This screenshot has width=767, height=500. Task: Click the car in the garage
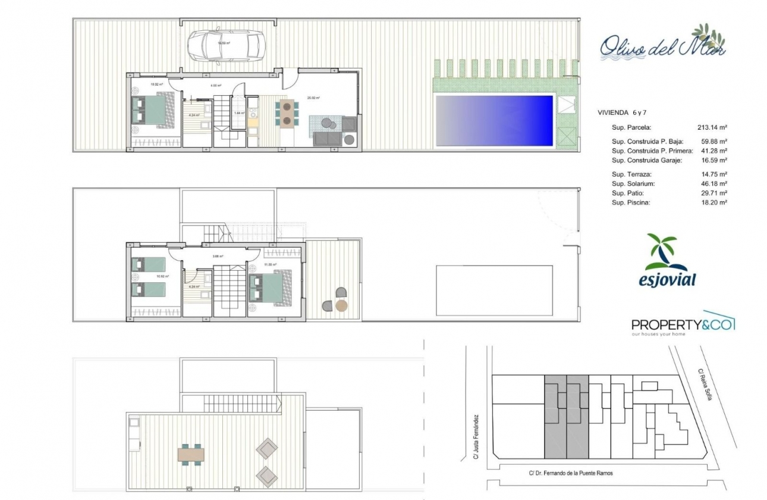225,45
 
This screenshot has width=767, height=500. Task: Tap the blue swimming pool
495,120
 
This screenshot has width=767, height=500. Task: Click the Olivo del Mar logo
661,45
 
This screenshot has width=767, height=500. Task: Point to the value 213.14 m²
712,127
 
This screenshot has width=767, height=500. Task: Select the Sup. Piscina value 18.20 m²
714,203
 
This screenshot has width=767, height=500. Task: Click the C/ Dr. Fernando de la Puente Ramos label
570,474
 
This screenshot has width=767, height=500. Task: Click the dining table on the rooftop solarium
191,455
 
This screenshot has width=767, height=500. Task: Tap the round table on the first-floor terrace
341,306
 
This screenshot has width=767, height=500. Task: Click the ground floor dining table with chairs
287,113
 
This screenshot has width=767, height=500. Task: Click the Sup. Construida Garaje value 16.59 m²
714,161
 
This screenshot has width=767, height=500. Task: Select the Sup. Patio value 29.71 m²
714,193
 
